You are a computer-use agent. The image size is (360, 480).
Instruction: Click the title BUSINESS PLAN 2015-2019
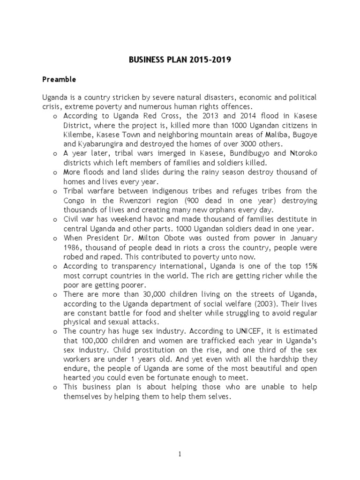click(180, 60)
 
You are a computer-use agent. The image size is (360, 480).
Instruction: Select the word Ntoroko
click(303, 153)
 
